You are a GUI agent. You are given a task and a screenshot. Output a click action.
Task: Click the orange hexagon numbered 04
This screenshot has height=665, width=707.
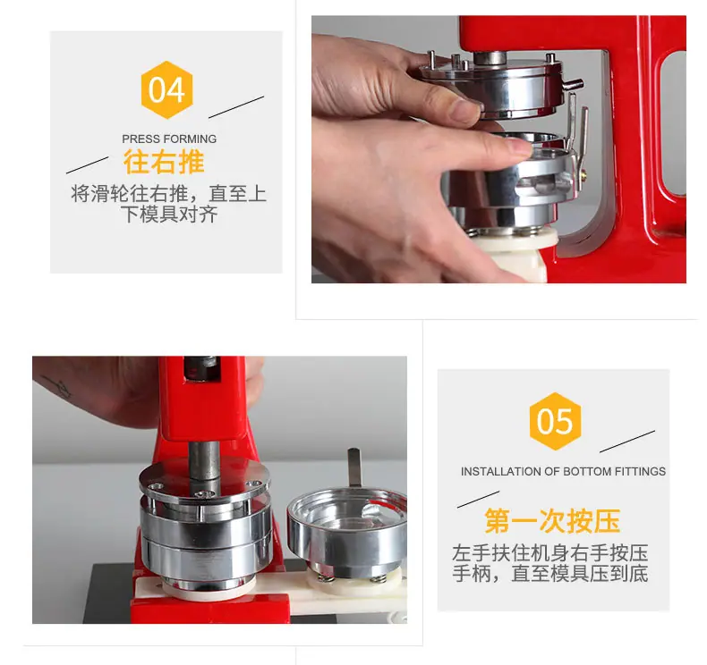[x=166, y=89]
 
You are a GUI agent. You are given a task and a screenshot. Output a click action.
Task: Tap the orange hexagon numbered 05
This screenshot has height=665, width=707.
[x=555, y=421]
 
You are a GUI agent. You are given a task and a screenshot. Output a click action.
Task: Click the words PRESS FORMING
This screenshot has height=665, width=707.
[x=169, y=139]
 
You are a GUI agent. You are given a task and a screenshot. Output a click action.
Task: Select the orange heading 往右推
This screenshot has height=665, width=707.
[x=164, y=162]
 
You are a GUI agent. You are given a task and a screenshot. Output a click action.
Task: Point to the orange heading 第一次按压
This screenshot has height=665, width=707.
[x=552, y=521]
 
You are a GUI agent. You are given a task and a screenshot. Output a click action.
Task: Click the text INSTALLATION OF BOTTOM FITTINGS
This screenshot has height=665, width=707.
[x=563, y=471]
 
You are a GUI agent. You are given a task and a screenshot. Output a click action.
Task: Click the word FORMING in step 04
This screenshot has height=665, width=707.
[x=193, y=139]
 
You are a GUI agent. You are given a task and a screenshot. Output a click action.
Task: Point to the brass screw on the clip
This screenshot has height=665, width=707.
[x=583, y=173]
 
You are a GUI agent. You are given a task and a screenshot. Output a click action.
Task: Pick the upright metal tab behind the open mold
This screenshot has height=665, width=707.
[x=354, y=467]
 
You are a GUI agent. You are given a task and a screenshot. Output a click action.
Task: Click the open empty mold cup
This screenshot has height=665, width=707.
[x=348, y=531]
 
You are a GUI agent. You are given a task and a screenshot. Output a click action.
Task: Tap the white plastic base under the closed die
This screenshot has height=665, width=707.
[x=208, y=589]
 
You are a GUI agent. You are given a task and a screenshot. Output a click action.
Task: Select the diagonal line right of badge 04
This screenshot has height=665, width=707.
[x=236, y=107]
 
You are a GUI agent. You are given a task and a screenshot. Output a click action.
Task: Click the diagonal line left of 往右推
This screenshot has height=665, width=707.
[x=88, y=164]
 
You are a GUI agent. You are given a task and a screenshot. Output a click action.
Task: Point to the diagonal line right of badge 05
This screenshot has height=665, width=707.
[x=627, y=442]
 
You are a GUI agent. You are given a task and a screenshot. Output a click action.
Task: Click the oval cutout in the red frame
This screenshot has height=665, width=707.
[x=673, y=124]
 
